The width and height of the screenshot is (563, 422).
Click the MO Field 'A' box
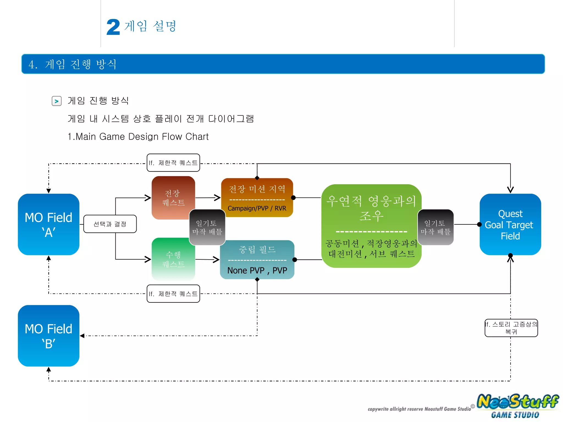coord(49,224)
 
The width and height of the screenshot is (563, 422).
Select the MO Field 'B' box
coord(49,336)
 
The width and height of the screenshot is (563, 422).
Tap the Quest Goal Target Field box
coord(510,224)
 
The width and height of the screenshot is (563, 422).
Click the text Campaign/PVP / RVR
coord(257,209)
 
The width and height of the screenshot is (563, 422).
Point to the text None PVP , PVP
coord(257,271)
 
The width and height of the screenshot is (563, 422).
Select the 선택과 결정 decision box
coord(110,224)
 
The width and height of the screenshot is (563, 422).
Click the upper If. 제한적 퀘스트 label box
coord(173,163)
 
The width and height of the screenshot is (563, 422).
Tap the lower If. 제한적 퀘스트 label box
coord(173,294)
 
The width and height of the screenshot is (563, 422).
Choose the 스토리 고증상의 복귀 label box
coord(511,328)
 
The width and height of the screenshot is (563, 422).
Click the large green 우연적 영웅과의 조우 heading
coord(371,208)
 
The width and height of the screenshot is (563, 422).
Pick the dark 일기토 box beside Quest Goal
coord(435,227)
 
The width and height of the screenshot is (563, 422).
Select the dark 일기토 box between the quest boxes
coord(207,227)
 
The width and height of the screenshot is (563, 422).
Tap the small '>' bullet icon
coord(57,101)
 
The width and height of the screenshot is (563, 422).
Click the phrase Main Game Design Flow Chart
coord(142,137)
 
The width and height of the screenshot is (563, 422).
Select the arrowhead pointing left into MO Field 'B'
coord(82,336)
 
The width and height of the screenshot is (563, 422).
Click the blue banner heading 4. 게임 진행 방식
coord(73,64)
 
